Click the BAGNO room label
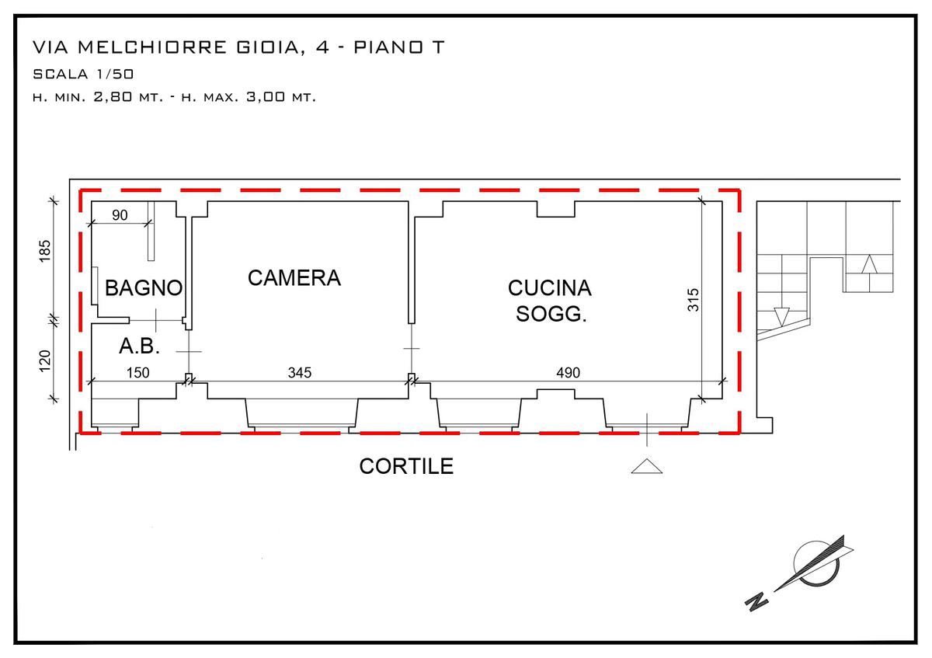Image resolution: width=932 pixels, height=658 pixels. pyautogui.click(x=144, y=287)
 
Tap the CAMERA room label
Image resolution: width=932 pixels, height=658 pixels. pyautogui.click(x=294, y=277)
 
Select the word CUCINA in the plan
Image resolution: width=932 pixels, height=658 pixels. pyautogui.click(x=550, y=288)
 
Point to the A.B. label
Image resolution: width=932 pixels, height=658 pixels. pyautogui.click(x=139, y=346)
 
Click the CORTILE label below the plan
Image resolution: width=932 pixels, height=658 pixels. pyautogui.click(x=406, y=466)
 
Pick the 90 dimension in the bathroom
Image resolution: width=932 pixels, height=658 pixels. pyautogui.click(x=120, y=215)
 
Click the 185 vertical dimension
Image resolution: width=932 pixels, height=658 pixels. pyautogui.click(x=45, y=251)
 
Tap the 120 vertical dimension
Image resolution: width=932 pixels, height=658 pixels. pyautogui.click(x=45, y=360)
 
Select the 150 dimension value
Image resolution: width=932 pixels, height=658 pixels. pyautogui.click(x=137, y=372)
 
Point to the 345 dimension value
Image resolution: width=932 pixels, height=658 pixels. pyautogui.click(x=300, y=372)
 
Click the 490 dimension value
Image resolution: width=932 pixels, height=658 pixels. pyautogui.click(x=568, y=372)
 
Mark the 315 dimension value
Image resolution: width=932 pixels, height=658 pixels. pyautogui.click(x=693, y=300)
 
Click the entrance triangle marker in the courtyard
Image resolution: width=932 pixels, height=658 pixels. pyautogui.click(x=646, y=466)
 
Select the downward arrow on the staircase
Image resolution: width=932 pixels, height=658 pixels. pyautogui.click(x=781, y=317)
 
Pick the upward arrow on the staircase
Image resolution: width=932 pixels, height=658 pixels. pyautogui.click(x=869, y=264)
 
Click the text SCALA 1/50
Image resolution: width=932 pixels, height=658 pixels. pyautogui.click(x=83, y=74)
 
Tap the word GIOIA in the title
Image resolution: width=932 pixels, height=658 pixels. pyautogui.click(x=268, y=47)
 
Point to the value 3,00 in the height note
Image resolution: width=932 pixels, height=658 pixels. pyautogui.click(x=266, y=97)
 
